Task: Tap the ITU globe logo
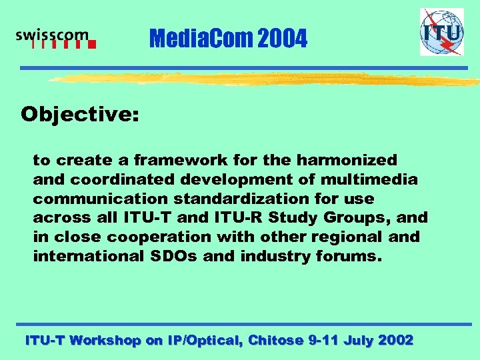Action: pos(441,32)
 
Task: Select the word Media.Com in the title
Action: pos(201,39)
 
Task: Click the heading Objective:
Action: pos(80,115)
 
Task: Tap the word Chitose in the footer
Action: pos(275,340)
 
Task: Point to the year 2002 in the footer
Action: pos(395,340)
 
